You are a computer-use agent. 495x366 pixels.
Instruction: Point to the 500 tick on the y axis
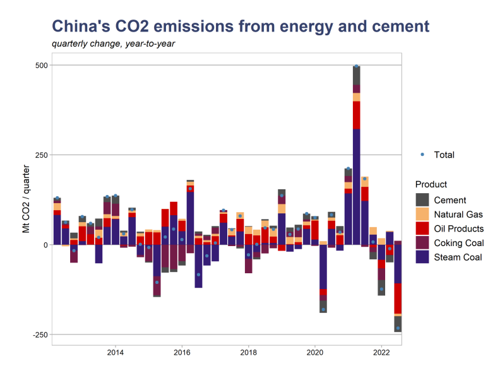[40, 65]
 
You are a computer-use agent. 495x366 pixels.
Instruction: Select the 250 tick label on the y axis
[40, 155]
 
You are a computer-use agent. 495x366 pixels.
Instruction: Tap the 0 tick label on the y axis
[45, 245]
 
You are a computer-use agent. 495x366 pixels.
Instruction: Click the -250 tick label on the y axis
[39, 334]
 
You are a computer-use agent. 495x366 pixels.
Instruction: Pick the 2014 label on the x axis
[115, 353]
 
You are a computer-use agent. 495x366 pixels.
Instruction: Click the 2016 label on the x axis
[182, 353]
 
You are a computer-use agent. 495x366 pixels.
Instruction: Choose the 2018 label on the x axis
[248, 353]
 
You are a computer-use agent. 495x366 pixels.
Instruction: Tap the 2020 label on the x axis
[314, 353]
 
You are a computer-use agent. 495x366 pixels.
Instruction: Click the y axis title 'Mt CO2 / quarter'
[26, 199]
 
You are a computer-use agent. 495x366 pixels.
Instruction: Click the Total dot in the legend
[422, 155]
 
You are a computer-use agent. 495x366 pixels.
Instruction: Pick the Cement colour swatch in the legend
[422, 199]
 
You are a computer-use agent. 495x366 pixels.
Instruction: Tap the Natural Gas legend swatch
[422, 214]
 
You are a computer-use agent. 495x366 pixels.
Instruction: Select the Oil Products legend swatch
[422, 228]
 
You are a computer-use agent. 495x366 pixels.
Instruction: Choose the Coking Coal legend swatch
[422, 242]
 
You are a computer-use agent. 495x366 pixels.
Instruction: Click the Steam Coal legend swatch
[422, 257]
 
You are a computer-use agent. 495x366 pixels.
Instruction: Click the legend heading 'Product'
[431, 184]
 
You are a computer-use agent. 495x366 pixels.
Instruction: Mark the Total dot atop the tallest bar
[357, 66]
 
